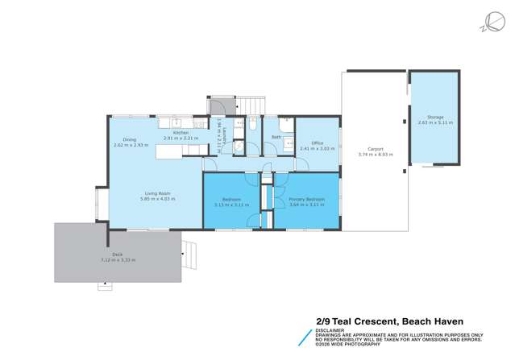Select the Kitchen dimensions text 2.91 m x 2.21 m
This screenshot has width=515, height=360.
click(x=180, y=139)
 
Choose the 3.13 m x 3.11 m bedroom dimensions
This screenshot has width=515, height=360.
click(x=231, y=205)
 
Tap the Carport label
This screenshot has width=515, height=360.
click(x=375, y=149)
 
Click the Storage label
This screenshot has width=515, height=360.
click(x=435, y=118)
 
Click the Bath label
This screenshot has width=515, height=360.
click(x=276, y=137)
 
